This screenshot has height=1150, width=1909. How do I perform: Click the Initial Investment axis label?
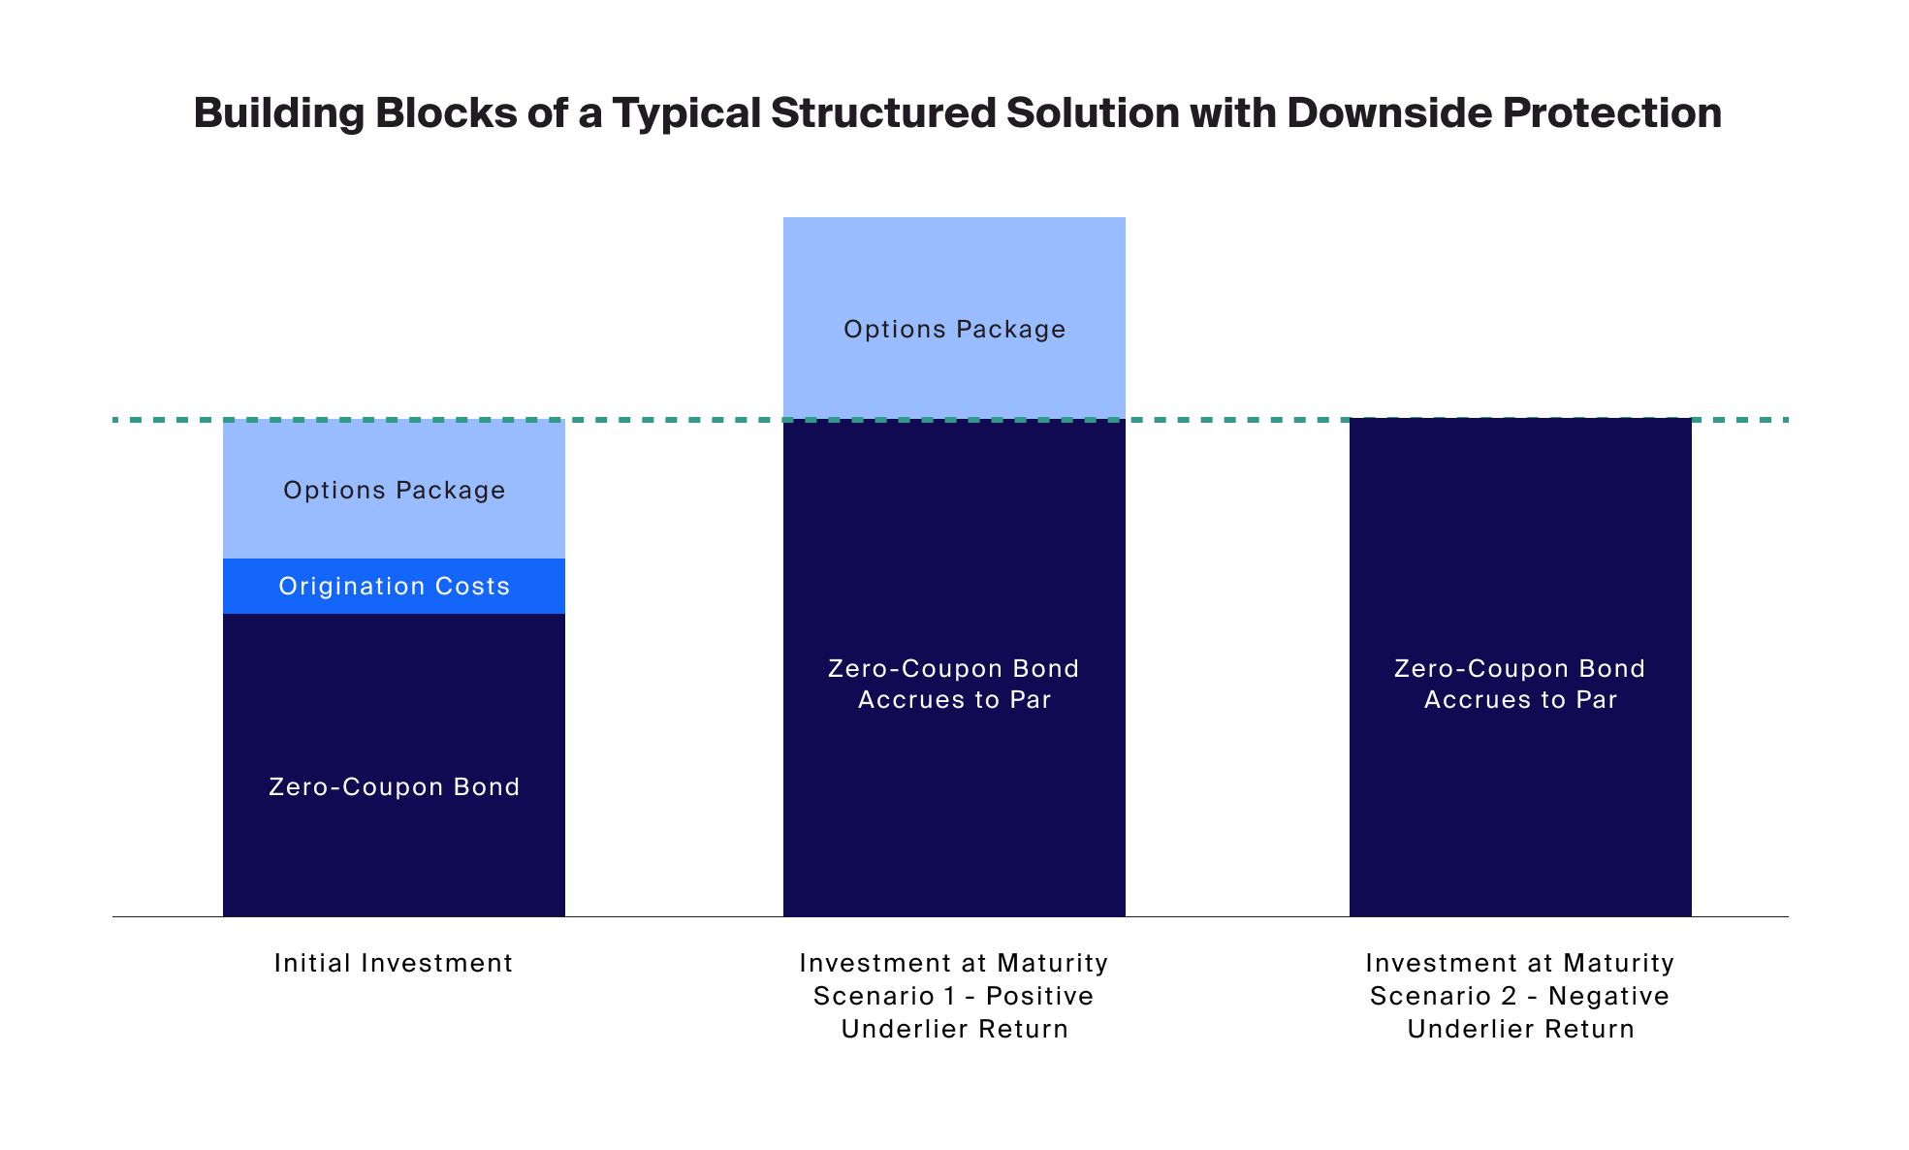(394, 963)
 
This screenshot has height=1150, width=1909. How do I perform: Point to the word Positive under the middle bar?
(1040, 996)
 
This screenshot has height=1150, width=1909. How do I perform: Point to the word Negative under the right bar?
(1608, 996)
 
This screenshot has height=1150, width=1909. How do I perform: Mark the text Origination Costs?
(394, 586)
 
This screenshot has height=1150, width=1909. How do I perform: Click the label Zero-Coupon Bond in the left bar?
(394, 786)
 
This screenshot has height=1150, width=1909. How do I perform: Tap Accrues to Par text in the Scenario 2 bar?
(1520, 700)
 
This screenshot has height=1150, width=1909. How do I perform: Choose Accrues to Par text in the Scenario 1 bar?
(954, 700)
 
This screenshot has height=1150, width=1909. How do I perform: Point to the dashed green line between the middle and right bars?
(1237, 420)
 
